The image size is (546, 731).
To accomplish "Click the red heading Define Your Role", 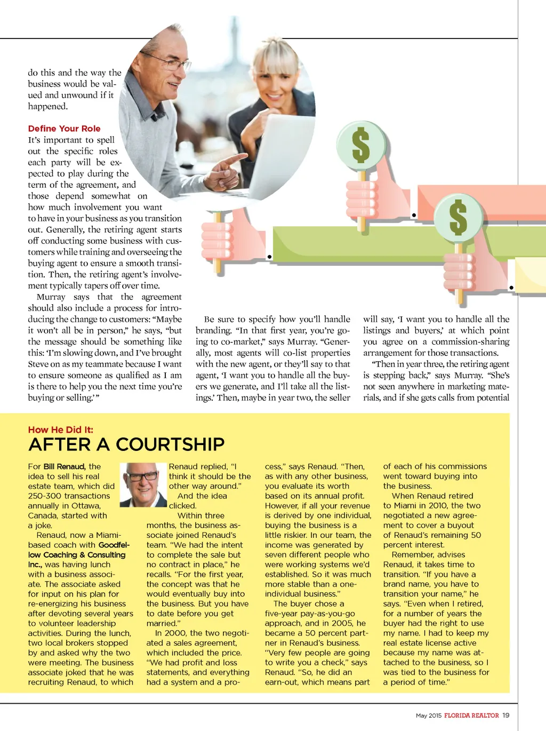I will click(x=64, y=129).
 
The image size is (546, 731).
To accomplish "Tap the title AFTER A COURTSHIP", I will click(x=126, y=444).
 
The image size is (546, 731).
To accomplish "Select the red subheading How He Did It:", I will click(x=60, y=430).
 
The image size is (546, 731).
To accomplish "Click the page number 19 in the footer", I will click(x=505, y=716).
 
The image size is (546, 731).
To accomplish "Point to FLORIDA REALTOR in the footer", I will click(x=471, y=716).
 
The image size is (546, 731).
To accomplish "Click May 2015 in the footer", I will click(x=429, y=716).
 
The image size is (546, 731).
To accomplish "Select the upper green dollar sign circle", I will click(x=361, y=145).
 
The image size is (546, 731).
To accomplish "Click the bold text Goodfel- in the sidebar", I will click(x=114, y=545).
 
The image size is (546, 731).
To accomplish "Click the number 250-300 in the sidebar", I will click(x=43, y=496).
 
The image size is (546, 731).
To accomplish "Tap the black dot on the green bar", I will click(x=269, y=257).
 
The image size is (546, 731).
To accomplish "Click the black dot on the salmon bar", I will click(x=414, y=215).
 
